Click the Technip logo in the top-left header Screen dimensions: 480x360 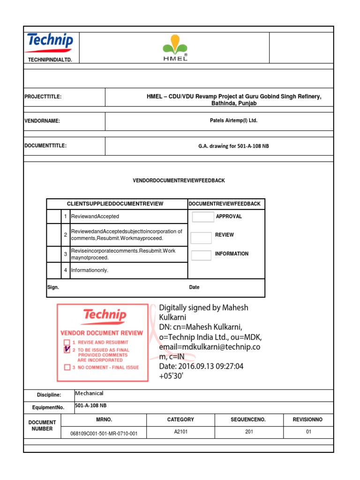click(50, 42)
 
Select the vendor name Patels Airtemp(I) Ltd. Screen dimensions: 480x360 click(233, 120)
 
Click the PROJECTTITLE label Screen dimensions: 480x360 click(43, 97)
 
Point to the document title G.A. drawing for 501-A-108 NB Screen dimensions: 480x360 click(233, 146)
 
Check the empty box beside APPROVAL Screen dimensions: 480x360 click(202, 217)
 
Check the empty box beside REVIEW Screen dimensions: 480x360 click(201, 238)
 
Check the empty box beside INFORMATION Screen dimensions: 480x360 click(201, 256)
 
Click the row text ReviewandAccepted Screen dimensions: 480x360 click(95, 217)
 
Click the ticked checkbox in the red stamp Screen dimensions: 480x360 click(67, 350)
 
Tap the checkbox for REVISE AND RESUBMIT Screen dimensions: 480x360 click(67, 342)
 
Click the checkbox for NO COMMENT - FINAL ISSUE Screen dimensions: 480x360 click(67, 367)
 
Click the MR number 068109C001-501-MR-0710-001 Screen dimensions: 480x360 click(104, 434)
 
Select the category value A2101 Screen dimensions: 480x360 click(180, 432)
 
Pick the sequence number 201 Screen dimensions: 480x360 click(249, 432)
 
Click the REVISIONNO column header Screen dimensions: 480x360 click(308, 420)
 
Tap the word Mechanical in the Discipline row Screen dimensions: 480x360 click(89, 393)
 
